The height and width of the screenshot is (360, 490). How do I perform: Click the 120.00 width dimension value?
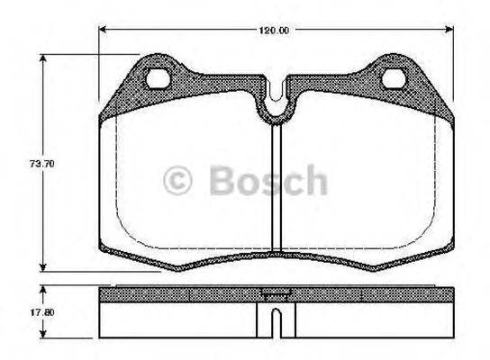275,31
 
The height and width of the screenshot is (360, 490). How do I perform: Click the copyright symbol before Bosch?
179,180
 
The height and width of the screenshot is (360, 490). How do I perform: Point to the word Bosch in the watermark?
268,180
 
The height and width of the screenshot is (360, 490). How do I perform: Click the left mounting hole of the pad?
159,78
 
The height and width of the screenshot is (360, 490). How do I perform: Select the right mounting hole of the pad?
394,78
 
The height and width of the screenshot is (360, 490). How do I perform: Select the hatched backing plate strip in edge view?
180,295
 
